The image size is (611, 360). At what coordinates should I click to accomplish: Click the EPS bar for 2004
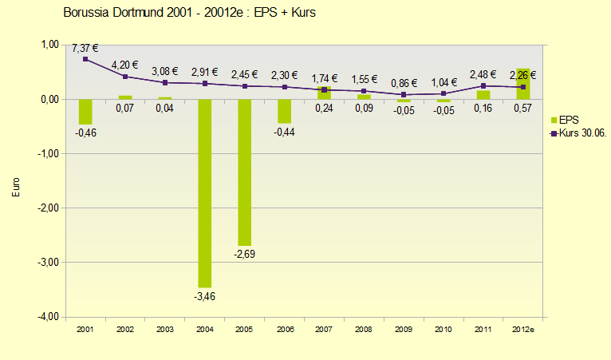205,192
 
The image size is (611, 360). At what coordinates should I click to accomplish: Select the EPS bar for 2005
245,172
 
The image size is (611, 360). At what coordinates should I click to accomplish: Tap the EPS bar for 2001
85,112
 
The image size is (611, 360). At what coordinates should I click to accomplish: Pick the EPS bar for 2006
285,111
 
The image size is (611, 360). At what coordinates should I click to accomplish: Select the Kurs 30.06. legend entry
578,133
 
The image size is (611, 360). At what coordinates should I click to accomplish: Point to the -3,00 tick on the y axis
48,263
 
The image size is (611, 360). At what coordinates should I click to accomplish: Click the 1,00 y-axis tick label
49,45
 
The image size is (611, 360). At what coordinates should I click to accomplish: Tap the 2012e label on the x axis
523,329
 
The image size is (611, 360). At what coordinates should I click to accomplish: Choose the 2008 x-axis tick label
365,329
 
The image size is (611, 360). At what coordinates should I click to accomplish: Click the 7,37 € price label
85,49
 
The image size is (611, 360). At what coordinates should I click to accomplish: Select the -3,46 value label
205,296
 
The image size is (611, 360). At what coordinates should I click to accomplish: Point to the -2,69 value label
244,255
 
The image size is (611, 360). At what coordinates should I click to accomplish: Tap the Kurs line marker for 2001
85,59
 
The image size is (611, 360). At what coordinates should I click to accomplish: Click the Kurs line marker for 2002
125,77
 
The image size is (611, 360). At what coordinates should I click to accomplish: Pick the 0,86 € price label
404,83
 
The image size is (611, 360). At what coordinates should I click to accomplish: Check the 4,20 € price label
125,65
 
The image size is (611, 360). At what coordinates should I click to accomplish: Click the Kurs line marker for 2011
483,85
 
